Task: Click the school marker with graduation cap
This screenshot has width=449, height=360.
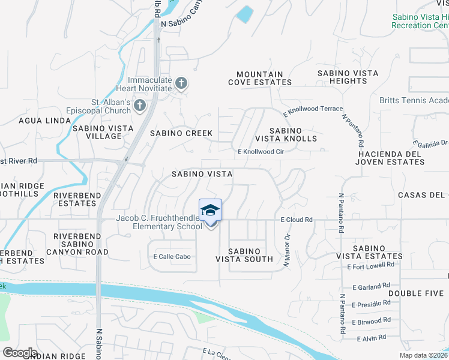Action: (210, 211)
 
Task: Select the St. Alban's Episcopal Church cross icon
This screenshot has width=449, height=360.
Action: (139, 106)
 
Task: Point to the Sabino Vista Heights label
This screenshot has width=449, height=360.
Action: (348, 77)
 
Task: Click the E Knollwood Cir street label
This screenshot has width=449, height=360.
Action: (261, 152)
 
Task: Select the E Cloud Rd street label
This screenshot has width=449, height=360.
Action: (297, 220)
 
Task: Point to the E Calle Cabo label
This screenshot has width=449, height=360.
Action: (172, 257)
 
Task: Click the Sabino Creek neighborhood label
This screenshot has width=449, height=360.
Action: (181, 133)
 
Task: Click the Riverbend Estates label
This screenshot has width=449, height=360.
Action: (75, 199)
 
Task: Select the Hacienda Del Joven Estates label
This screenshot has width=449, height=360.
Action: (391, 158)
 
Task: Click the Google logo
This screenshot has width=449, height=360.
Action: (20, 353)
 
